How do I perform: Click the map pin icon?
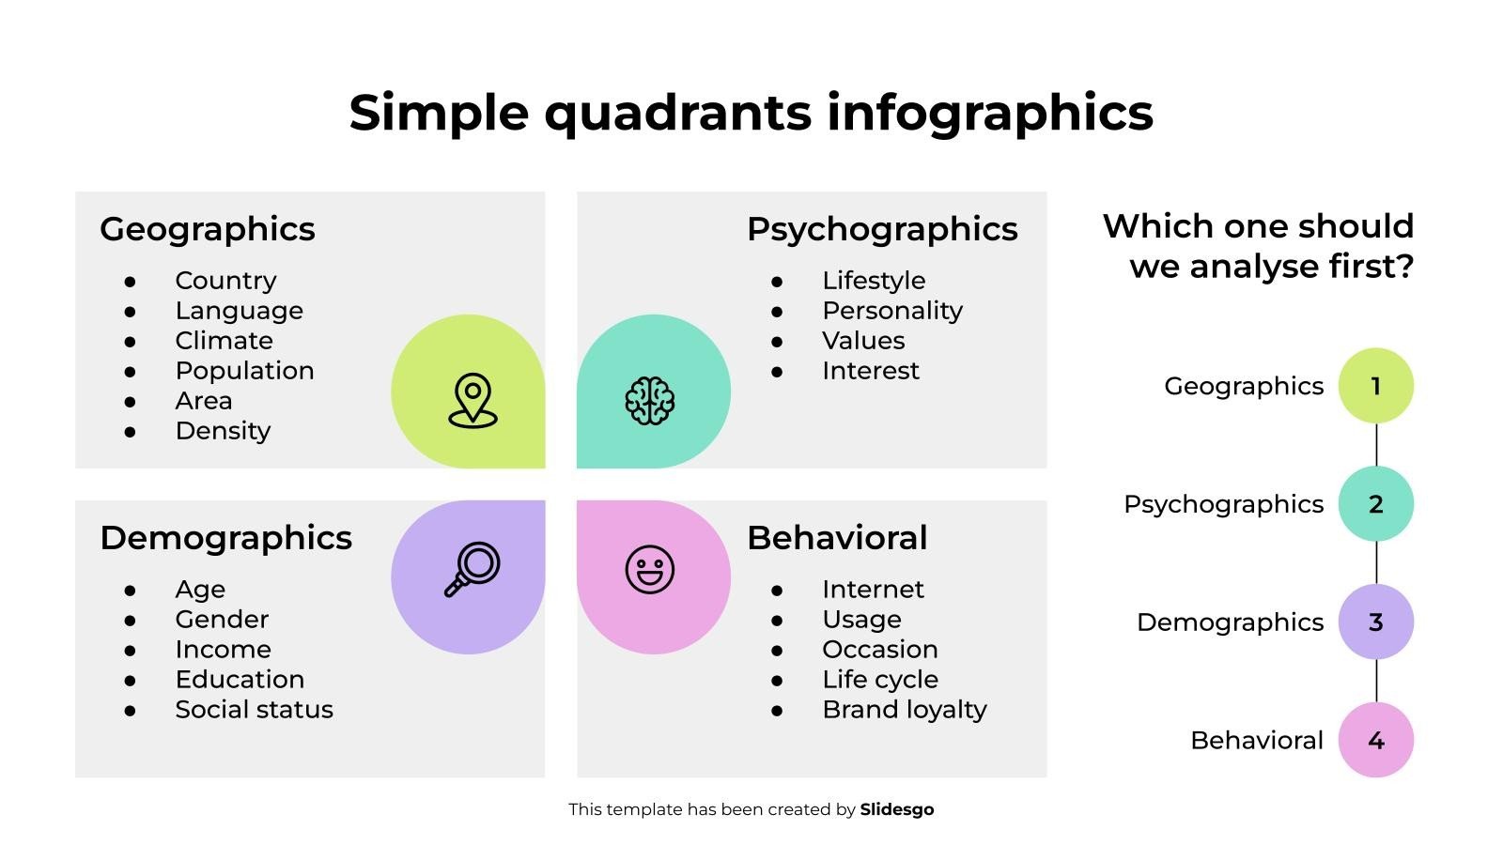click(x=473, y=400)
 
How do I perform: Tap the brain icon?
click(x=649, y=401)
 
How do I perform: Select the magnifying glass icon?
click(x=473, y=569)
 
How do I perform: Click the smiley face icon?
click(x=649, y=569)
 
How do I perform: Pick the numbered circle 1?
click(x=1375, y=386)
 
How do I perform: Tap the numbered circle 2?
click(x=1375, y=503)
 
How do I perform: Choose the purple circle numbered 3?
click(x=1375, y=622)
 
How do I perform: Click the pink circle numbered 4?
click(x=1375, y=740)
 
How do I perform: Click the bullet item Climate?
click(x=225, y=341)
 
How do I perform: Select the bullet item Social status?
click(x=255, y=710)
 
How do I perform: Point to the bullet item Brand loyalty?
click(x=905, y=710)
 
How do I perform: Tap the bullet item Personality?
click(x=892, y=311)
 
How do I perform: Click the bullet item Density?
click(x=223, y=431)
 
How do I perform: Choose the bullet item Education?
click(x=240, y=680)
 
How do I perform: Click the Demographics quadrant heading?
click(x=226, y=539)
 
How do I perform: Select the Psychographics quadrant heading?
click(x=882, y=230)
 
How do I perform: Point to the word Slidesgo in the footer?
click(x=897, y=809)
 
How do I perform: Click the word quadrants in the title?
click(x=678, y=114)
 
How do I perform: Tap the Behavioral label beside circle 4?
click(x=1257, y=741)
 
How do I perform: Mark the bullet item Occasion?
click(x=880, y=649)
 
